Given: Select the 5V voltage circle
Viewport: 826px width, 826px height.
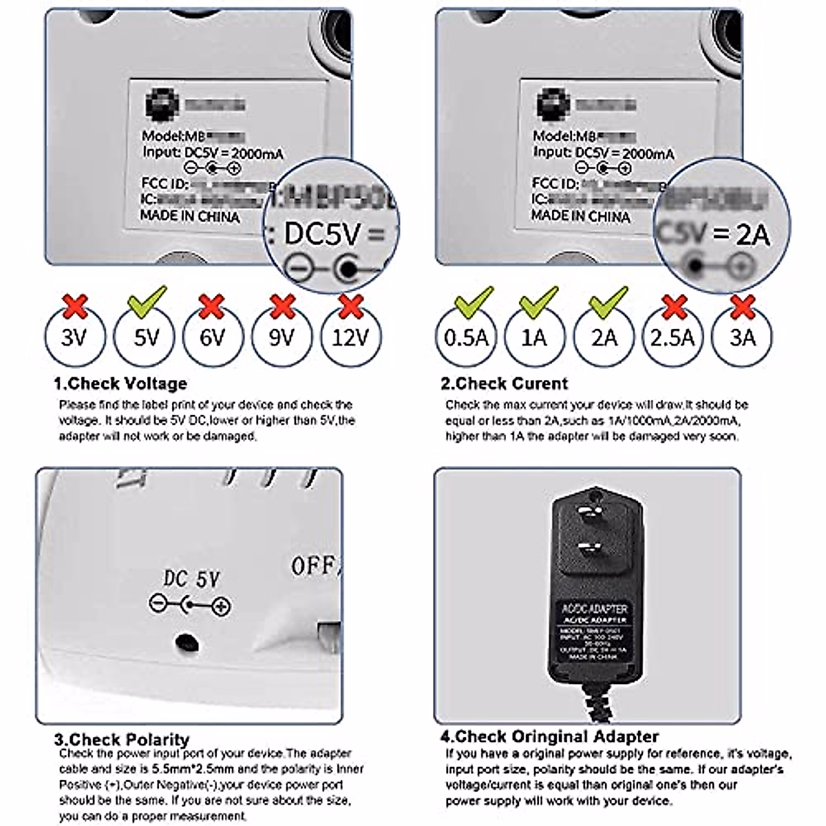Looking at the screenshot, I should pyautogui.click(x=145, y=338).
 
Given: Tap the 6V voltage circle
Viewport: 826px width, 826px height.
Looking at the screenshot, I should pyautogui.click(x=213, y=338).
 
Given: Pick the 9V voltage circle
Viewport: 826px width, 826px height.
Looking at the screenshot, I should pyautogui.click(x=282, y=338).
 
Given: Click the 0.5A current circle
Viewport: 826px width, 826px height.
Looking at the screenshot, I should pyautogui.click(x=466, y=338).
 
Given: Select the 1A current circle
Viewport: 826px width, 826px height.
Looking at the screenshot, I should pyautogui.click(x=534, y=338).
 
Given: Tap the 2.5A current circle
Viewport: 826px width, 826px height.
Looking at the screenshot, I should pyautogui.click(x=673, y=338).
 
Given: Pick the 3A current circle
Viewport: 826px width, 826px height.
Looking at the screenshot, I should pyautogui.click(x=742, y=338).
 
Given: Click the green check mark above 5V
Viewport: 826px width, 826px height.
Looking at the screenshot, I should pyautogui.click(x=147, y=301).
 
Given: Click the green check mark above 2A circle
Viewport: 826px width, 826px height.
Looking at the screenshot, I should pyautogui.click(x=608, y=301).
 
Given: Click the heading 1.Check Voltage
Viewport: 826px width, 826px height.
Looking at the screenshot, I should pyautogui.click(x=120, y=383).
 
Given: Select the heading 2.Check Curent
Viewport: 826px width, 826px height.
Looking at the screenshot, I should pyautogui.click(x=505, y=383).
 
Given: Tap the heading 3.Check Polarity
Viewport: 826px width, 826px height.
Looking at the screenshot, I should pyautogui.click(x=121, y=740).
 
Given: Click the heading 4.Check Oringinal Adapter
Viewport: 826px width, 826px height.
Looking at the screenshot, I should pyautogui.click(x=549, y=737).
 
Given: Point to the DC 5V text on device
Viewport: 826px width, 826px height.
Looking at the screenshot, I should pyautogui.click(x=191, y=580).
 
